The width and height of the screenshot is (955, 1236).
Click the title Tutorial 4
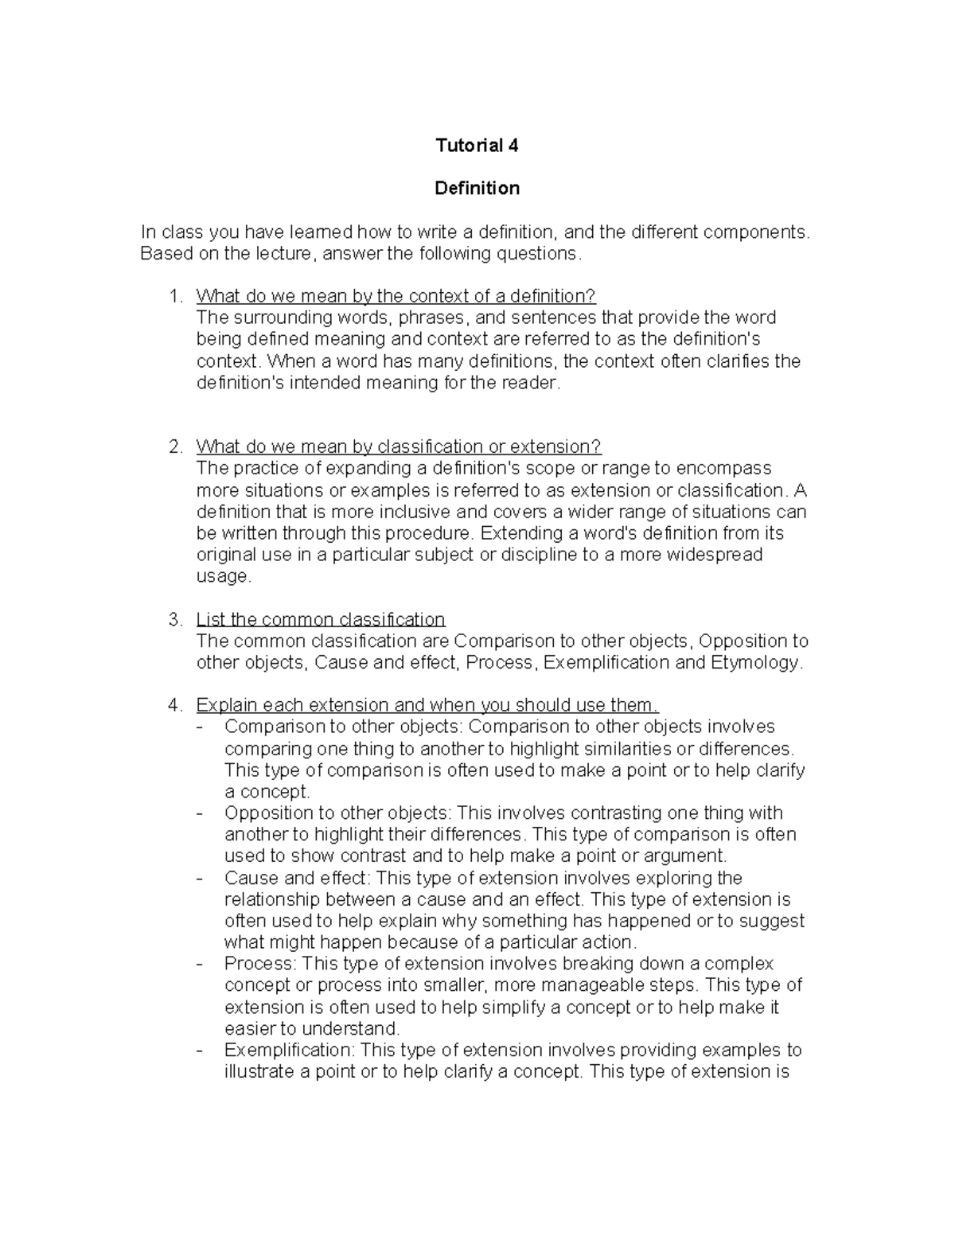pyautogui.click(x=477, y=145)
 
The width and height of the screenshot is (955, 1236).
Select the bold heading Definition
pyautogui.click(x=477, y=188)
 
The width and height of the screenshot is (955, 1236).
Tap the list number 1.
pyautogui.click(x=175, y=296)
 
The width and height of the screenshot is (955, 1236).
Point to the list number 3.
pyautogui.click(x=175, y=619)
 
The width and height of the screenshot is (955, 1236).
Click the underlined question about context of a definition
pyautogui.click(x=396, y=296)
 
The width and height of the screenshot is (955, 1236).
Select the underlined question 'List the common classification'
pyautogui.click(x=320, y=619)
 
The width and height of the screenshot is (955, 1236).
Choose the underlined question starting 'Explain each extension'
pyautogui.click(x=427, y=705)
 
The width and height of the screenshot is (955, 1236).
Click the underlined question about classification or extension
pyautogui.click(x=398, y=446)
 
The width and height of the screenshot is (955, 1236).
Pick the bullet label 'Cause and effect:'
pyautogui.click(x=298, y=878)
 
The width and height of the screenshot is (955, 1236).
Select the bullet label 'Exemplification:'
pyautogui.click(x=290, y=1050)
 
